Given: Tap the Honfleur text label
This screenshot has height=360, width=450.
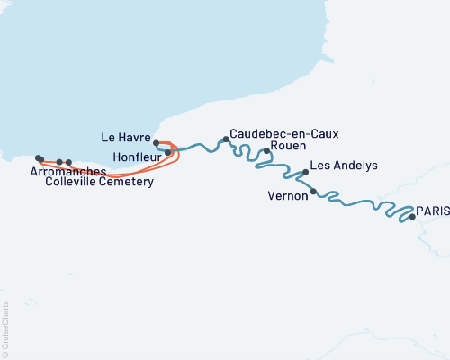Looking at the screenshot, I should tap(137, 156).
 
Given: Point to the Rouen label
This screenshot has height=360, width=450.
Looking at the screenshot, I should tap(288, 146).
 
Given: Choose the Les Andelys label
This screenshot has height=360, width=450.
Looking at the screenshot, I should tap(343, 166).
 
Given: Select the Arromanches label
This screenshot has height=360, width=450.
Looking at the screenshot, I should tap(66, 170).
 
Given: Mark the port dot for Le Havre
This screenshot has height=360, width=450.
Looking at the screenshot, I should tap(157, 143).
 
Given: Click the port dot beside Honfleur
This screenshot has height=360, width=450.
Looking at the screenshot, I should tap(168, 153).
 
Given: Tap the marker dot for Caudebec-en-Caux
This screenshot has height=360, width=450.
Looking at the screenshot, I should tap(226, 139).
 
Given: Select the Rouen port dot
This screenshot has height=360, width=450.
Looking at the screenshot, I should tap(266, 151).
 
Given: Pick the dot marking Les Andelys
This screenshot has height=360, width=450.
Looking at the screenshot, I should tap(306, 172).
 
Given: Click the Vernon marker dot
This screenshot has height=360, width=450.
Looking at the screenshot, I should tap(313, 192).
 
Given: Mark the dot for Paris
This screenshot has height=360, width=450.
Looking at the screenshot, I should tap(412, 217).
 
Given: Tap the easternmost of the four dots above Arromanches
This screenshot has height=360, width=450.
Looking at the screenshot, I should tap(69, 163).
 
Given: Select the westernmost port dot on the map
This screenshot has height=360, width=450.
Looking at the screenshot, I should tap(38, 157).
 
